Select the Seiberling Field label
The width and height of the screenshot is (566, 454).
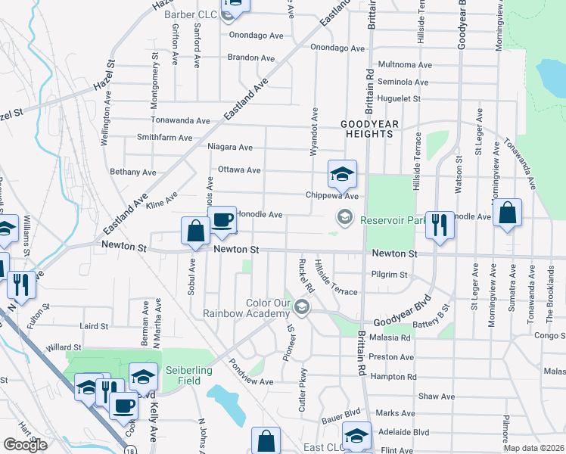click(x=184, y=375)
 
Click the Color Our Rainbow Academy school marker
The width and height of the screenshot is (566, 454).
click(x=302, y=306)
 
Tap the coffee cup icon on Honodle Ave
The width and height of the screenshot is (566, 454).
click(x=222, y=220)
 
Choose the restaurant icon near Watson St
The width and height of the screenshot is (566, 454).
click(x=439, y=225)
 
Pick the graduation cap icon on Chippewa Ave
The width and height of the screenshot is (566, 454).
click(x=341, y=174)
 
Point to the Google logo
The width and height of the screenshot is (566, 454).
click(x=25, y=445)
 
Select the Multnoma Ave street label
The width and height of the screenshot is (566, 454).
click(x=403, y=65)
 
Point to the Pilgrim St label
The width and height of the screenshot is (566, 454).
click(x=390, y=275)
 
